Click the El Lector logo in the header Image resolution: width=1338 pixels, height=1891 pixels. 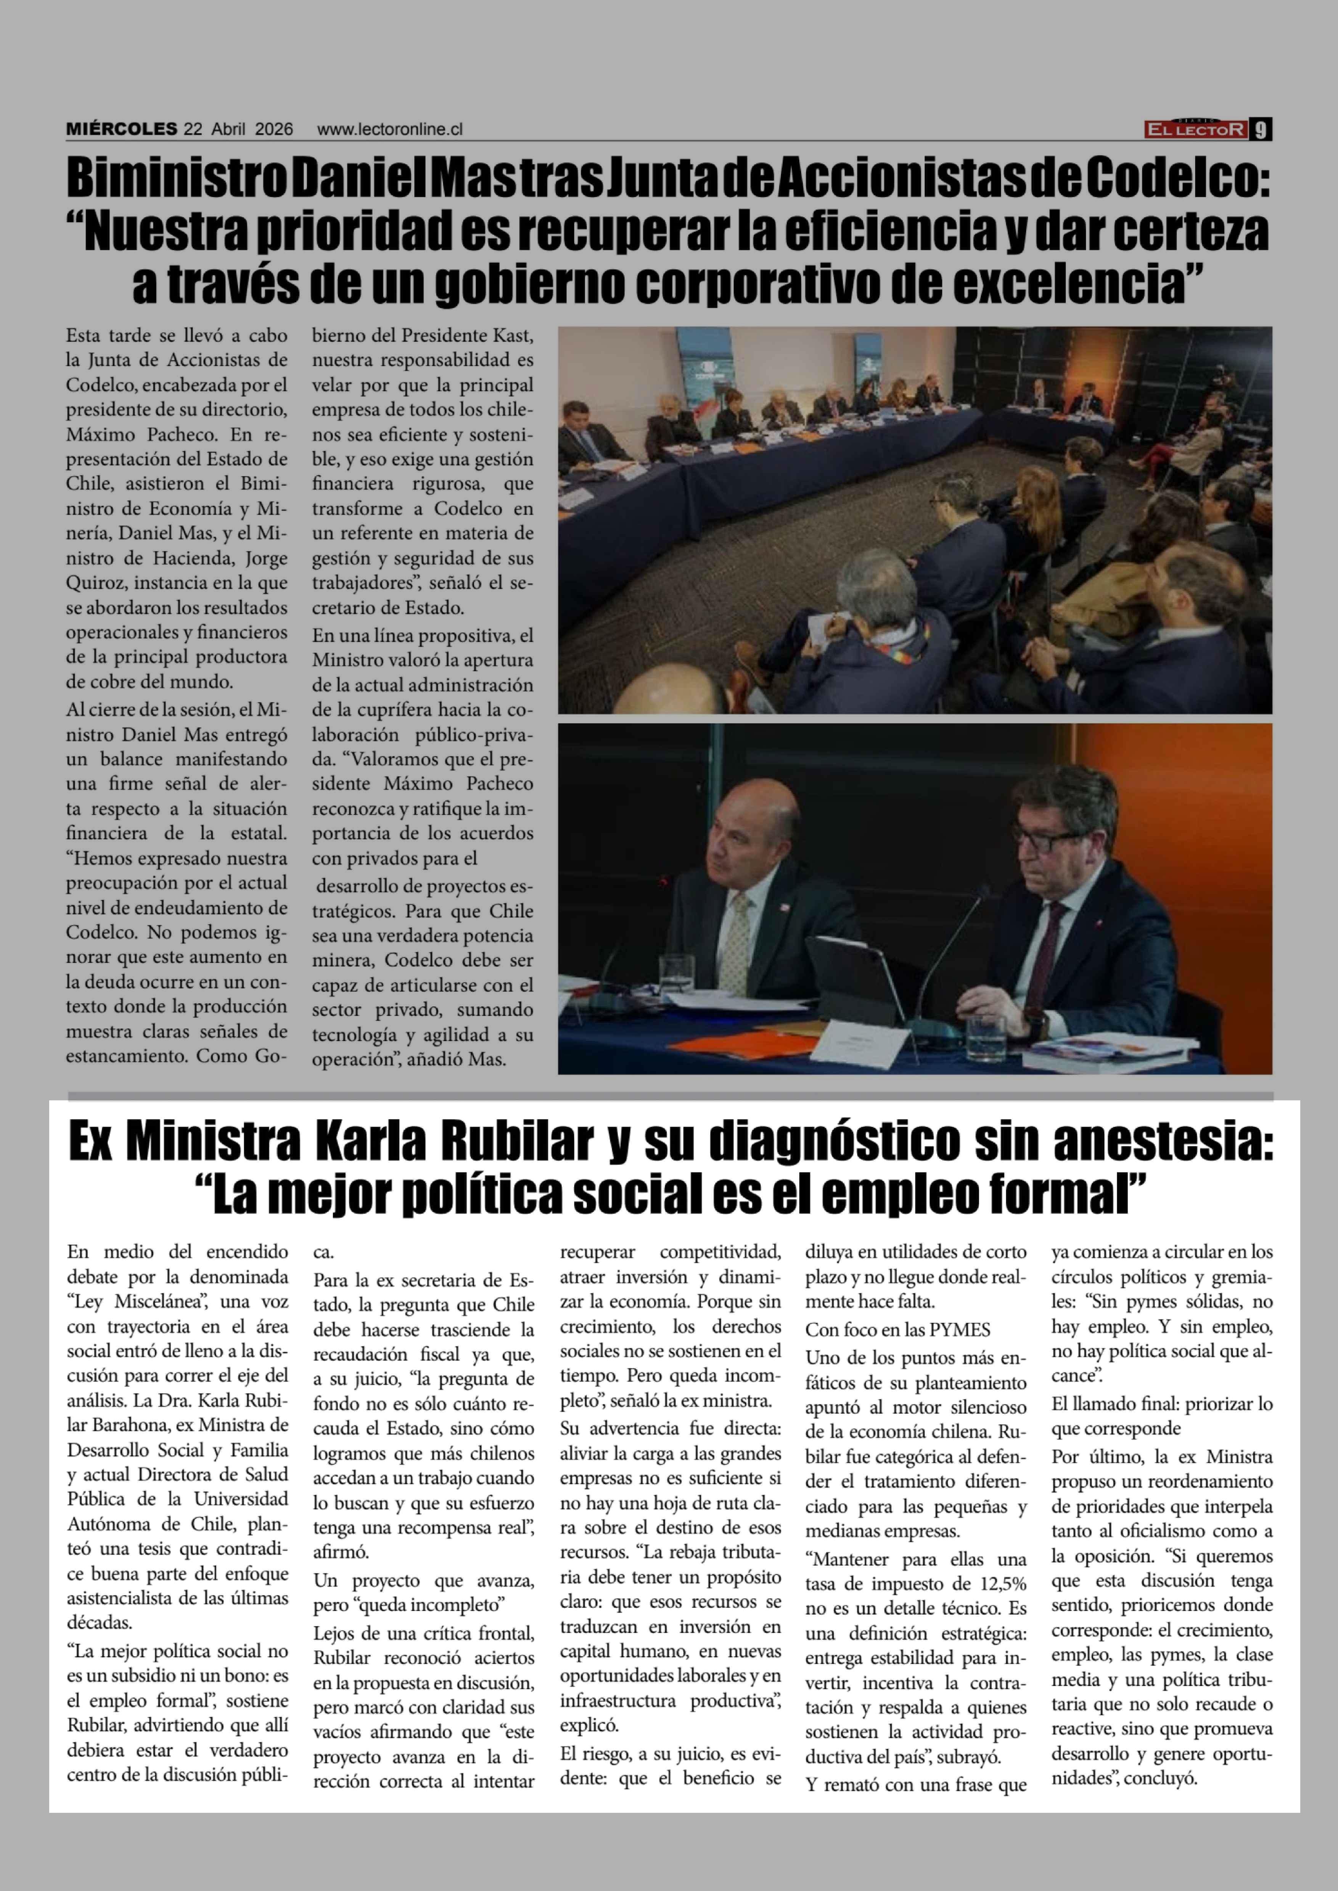point(1195,129)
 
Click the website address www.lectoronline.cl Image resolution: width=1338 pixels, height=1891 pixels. point(390,129)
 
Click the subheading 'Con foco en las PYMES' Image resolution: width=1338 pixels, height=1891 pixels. point(898,1331)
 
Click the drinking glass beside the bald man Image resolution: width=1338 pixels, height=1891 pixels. point(676,975)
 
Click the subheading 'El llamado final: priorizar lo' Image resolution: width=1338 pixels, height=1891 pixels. point(1162,1404)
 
